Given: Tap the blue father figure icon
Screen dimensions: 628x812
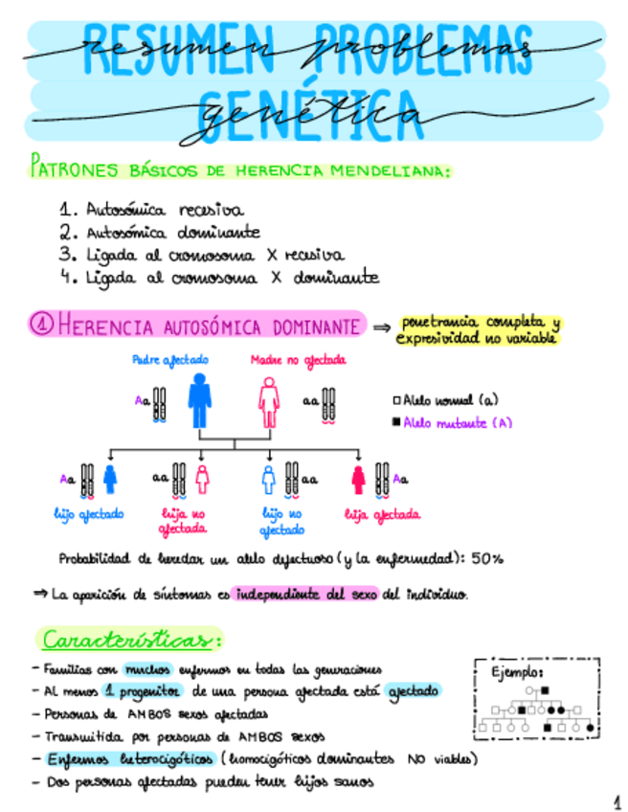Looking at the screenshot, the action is [199, 399].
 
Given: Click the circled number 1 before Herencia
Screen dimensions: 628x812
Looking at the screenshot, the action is [42, 326].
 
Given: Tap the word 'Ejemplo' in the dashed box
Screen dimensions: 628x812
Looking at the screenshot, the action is [517, 673].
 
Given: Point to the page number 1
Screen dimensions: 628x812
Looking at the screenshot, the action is [614, 799].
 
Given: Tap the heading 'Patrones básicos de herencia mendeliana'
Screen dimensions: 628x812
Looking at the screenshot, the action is [240, 170].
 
